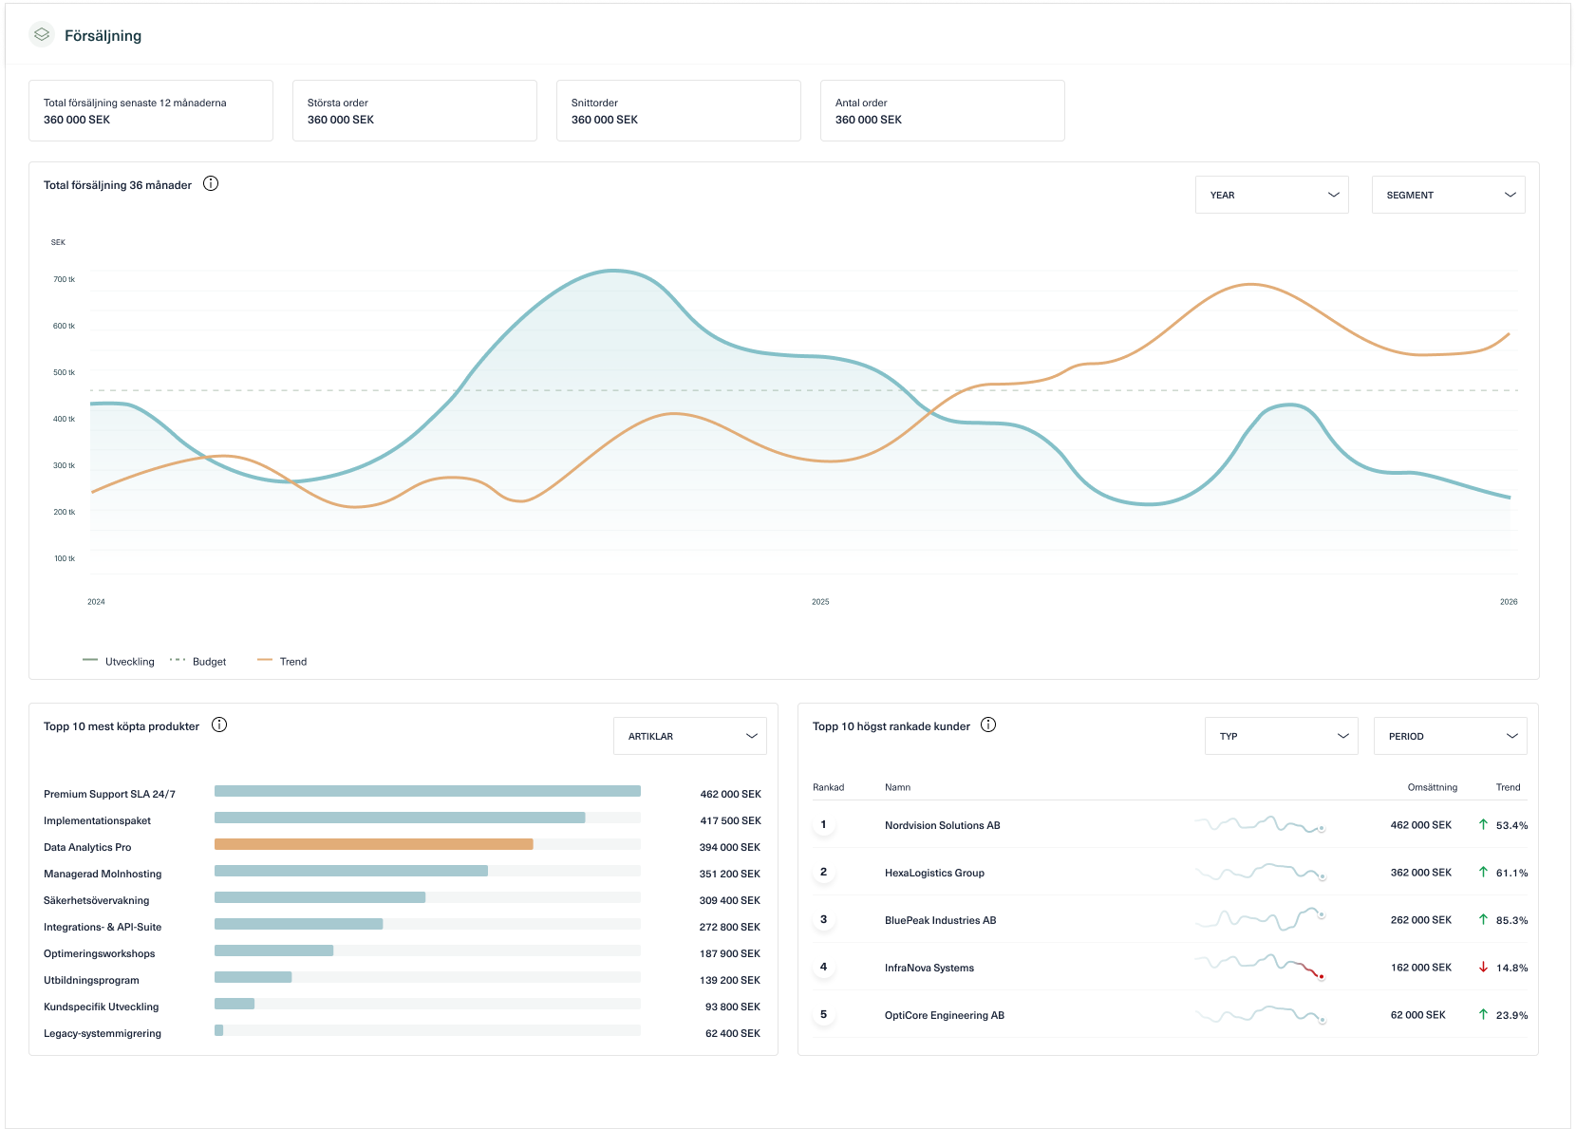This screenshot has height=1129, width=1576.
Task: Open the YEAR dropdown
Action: [x=1271, y=195]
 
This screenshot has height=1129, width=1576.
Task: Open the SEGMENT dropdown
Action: [x=1448, y=195]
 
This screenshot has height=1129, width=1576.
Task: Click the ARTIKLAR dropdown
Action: [x=690, y=736]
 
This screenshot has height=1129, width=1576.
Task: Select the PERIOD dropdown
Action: [x=1450, y=736]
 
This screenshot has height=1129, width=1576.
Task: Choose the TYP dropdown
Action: [x=1282, y=736]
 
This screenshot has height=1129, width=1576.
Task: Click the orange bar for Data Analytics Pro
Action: [x=373, y=844]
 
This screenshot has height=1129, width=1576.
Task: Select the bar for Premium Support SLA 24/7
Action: [x=427, y=791]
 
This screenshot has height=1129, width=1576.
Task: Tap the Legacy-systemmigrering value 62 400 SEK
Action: [x=732, y=1033]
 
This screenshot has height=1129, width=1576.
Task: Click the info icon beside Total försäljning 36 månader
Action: [x=211, y=184]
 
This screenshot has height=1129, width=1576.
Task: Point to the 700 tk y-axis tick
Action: [x=64, y=279]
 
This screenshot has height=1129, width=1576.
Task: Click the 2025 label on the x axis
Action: [x=820, y=602]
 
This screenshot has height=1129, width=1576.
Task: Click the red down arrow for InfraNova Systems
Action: [x=1483, y=968]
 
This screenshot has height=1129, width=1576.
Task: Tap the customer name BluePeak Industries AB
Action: [x=940, y=920]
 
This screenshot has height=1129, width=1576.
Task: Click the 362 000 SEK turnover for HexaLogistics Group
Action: [x=1420, y=873]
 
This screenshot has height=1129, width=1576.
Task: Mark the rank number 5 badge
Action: [x=823, y=1014]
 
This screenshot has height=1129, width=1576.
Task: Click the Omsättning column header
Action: [x=1432, y=787]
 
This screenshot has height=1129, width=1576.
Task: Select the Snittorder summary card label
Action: [x=594, y=103]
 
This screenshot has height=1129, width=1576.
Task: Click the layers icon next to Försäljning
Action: [x=42, y=35]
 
